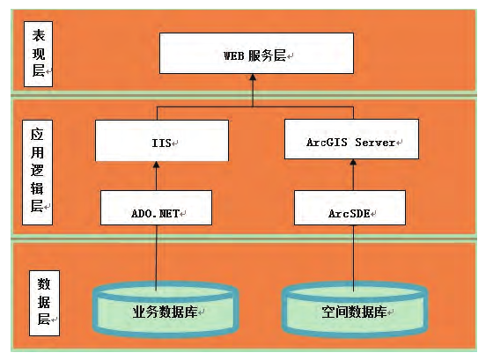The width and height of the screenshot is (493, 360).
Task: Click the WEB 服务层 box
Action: pos(256,53)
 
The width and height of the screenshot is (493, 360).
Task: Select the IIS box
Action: pos(162,141)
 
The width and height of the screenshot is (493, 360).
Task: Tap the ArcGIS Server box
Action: pos(351,139)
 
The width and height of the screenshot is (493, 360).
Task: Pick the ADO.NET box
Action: pos(157,208)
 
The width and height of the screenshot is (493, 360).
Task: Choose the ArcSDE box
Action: pos(350,208)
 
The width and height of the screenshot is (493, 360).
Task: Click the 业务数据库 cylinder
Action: pos(166,309)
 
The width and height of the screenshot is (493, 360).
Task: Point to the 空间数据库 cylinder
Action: pos(354,309)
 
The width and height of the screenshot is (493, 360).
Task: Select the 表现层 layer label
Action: pos(39,54)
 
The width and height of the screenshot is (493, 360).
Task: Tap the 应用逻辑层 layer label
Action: pos(37,173)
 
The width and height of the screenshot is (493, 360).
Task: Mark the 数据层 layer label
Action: pos(44,303)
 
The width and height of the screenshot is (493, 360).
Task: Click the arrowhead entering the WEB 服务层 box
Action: pos(253,77)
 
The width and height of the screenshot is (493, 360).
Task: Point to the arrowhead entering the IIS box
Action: pos(157,165)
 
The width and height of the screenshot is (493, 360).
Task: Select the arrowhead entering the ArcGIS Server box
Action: pos(353,163)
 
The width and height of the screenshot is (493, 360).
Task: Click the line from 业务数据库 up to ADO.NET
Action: pos(157,258)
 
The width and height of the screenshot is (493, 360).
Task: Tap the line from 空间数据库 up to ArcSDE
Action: pos(353,258)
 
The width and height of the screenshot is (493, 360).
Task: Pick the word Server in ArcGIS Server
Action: pos(375,143)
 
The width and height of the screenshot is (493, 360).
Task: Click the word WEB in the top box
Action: pos(234,56)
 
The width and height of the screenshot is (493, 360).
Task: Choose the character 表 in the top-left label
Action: pos(39,35)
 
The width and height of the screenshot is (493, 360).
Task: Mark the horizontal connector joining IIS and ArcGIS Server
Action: pos(255,107)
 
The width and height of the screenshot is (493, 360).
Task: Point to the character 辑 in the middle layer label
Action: pos(37,188)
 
